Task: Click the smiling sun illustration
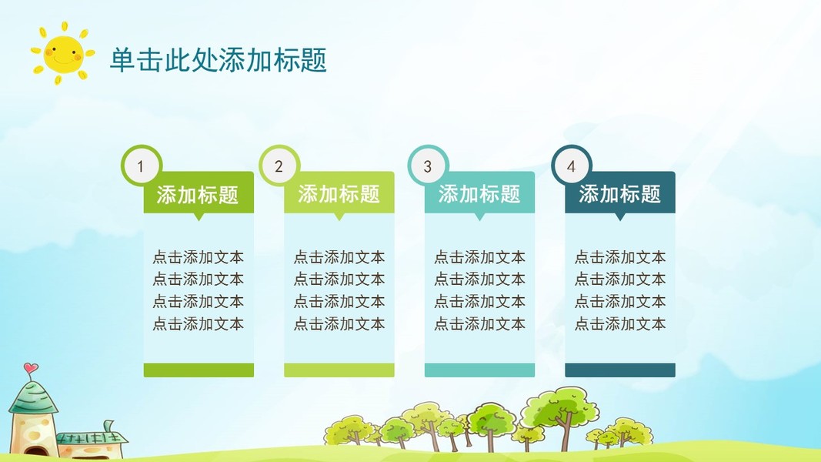63,53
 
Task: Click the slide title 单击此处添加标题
219,60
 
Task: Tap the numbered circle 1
141,166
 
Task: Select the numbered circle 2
279,166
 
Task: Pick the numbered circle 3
428,166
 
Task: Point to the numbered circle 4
571,166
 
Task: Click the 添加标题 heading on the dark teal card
620,194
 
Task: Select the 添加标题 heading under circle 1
198,195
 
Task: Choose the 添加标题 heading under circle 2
339,194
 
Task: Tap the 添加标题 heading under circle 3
479,194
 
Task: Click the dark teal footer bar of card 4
620,370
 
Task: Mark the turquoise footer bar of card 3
479,370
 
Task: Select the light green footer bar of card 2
339,370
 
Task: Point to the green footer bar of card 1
199,370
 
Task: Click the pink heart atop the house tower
31,368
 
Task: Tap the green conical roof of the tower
33,397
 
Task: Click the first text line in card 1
199,257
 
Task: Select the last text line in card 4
620,323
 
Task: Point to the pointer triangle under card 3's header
479,216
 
